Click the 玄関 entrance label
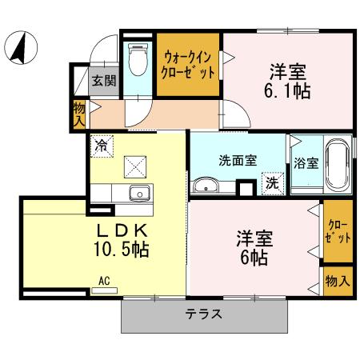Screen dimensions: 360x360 point(102,80)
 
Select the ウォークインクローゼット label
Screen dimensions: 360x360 point(189,63)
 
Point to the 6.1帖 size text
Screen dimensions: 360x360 point(289,91)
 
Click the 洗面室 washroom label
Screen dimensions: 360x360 point(238,158)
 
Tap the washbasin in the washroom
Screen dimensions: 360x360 point(206,186)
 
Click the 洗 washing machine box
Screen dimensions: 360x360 point(273,182)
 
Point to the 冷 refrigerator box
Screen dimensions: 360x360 point(102,146)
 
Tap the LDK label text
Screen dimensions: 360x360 point(118,230)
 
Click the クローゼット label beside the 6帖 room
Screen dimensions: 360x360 point(337,231)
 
